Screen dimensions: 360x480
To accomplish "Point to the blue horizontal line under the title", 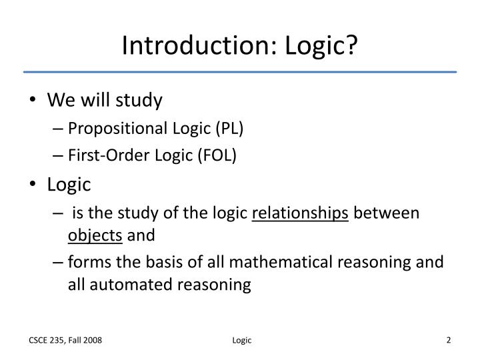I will coord(240,71).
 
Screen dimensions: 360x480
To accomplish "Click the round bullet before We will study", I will coord(34,101).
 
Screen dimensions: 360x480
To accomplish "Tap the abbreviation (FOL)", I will coord(216,155).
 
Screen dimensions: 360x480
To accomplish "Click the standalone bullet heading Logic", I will coord(69,183).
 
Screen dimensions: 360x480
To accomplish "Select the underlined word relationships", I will coord(300,213).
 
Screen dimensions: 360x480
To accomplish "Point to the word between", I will coord(387,213).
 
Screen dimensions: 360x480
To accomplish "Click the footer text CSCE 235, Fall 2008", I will coord(65,341).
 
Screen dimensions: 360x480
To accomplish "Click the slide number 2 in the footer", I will coord(449,340).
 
